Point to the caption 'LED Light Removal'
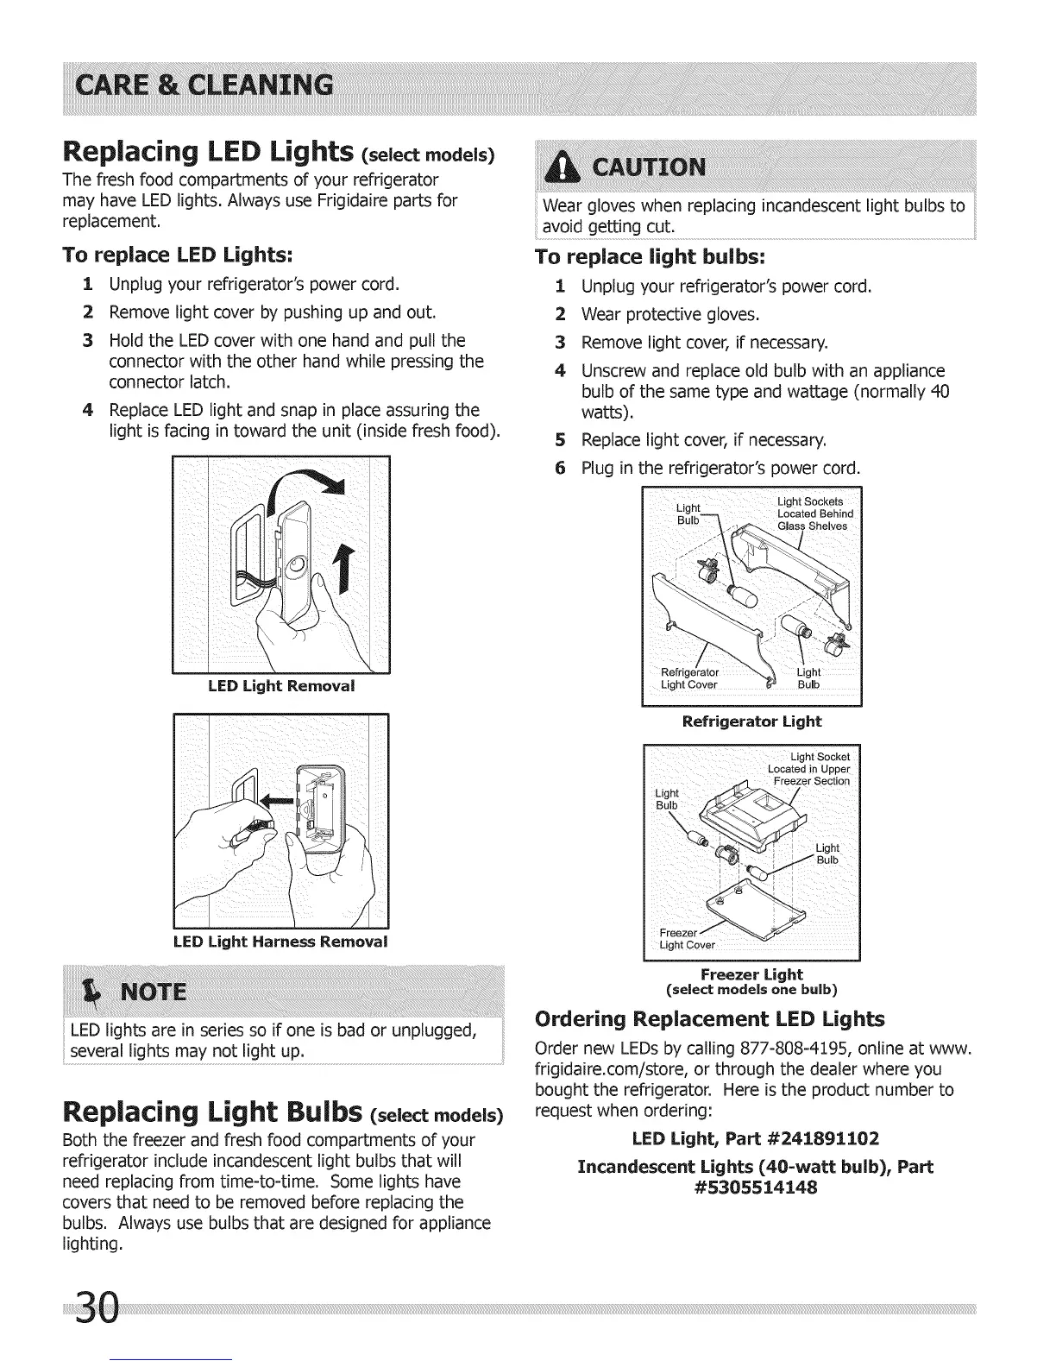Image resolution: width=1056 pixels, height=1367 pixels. (x=281, y=686)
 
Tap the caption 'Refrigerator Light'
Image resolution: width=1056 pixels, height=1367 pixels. (x=751, y=721)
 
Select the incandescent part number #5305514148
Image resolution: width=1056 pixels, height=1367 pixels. (x=755, y=1187)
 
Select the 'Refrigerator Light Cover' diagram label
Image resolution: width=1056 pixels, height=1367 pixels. (x=689, y=678)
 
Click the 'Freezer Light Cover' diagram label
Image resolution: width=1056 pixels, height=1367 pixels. (x=686, y=939)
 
